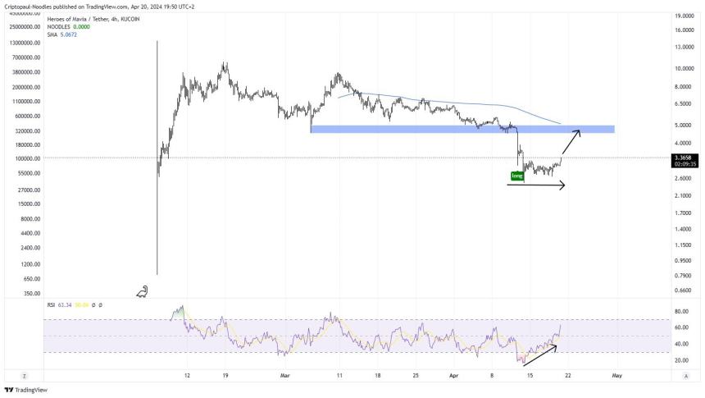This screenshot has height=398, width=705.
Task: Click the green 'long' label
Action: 516,176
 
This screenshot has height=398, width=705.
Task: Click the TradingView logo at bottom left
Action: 26,390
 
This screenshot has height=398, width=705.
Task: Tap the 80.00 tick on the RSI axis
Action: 680,312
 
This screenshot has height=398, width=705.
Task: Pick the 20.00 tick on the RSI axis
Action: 680,360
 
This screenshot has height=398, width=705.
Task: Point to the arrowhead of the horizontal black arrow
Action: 562,185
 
